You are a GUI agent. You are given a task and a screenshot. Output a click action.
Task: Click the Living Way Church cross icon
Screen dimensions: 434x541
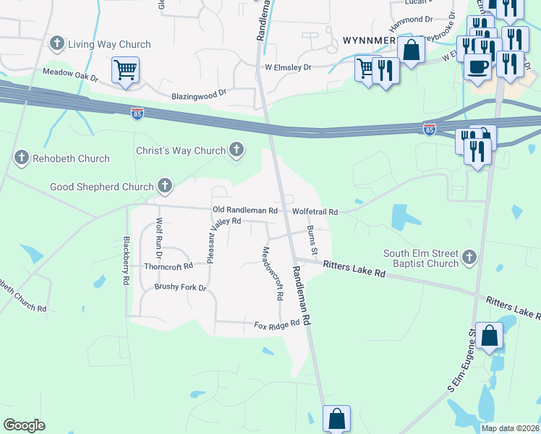point(57,44)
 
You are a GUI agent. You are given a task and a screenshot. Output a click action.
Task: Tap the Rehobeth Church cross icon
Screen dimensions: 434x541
point(22,158)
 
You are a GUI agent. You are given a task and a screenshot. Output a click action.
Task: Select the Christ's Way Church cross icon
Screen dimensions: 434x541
point(236,150)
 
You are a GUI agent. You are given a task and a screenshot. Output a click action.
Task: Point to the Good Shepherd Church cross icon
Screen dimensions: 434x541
point(165,187)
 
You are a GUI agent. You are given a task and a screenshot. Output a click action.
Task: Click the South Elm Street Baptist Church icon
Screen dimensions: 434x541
point(469,257)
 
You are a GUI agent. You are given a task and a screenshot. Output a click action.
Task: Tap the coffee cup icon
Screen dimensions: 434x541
point(477,67)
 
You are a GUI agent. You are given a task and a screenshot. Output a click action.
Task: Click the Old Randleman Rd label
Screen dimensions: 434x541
point(244,210)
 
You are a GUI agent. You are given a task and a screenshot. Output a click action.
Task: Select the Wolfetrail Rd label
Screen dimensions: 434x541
point(315,211)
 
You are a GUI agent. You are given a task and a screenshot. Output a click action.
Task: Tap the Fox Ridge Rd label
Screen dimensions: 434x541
point(276,325)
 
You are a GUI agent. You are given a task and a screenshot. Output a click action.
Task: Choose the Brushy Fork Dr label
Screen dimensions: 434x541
point(180,287)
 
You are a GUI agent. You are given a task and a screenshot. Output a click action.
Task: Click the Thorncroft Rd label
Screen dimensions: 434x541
point(169,265)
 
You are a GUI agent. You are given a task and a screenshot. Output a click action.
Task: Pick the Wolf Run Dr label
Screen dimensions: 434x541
point(158,239)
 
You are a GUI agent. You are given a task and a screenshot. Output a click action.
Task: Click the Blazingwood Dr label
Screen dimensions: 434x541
point(199,95)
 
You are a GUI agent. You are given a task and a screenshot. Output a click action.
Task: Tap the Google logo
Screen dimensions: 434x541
point(24,425)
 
